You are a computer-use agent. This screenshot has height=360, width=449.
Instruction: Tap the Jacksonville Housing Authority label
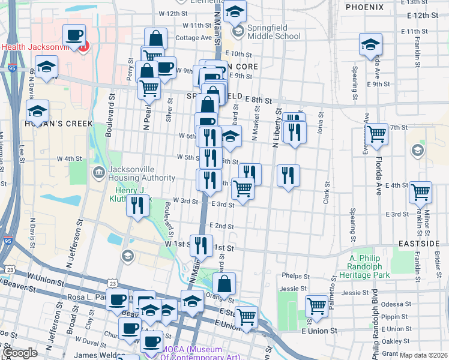(141, 173)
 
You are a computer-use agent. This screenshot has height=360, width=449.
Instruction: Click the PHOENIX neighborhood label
(364, 7)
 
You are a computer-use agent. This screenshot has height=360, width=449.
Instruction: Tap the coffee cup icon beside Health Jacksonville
(74, 36)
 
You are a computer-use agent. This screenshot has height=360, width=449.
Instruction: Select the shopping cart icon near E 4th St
(420, 191)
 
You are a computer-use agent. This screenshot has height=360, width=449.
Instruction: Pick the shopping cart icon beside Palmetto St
(316, 305)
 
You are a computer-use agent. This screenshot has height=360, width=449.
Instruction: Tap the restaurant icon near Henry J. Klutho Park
(137, 206)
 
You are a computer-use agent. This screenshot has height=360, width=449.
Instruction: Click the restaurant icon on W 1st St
(200, 245)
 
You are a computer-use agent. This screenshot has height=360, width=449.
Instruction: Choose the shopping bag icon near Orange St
(224, 283)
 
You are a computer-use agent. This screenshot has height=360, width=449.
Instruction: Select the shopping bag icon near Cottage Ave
(155, 39)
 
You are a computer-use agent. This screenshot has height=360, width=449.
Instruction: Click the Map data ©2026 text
(424, 355)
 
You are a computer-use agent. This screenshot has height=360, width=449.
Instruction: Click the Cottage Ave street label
(194, 37)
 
